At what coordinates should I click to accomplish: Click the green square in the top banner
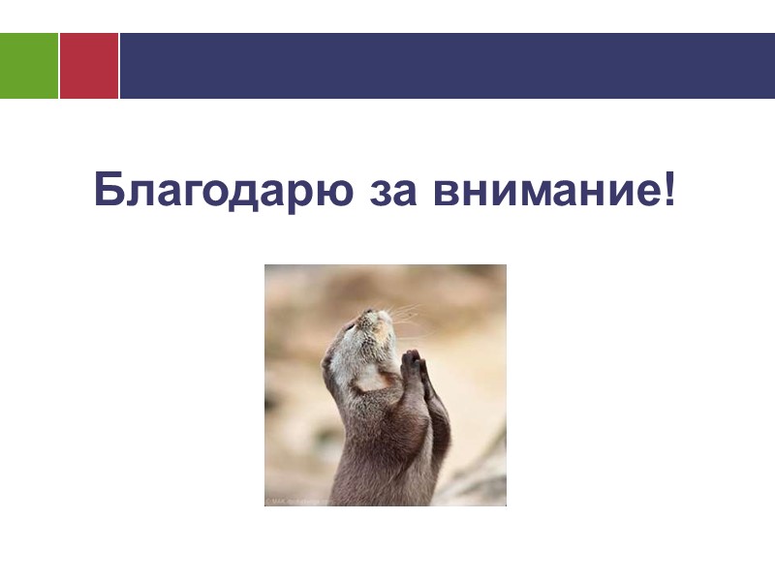point(29,66)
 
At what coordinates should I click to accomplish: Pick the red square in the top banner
point(89,66)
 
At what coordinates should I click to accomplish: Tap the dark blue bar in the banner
point(446,66)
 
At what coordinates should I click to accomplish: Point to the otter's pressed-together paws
point(415,366)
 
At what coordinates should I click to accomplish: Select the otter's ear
point(329,362)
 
